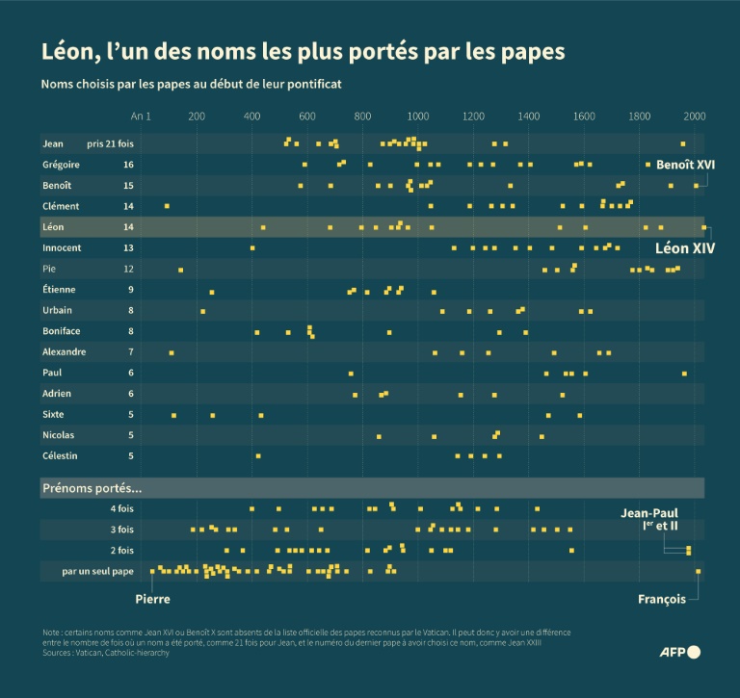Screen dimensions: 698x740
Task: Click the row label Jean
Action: click(53, 143)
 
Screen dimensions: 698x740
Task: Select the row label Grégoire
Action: click(61, 165)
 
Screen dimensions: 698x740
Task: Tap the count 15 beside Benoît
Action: click(128, 185)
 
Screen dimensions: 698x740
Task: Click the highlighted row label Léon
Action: click(54, 227)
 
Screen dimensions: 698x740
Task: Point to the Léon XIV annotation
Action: click(685, 248)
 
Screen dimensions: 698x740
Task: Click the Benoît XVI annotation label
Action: click(685, 165)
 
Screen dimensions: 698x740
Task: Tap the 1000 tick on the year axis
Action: click(418, 116)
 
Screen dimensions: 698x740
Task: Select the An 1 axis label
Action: click(142, 116)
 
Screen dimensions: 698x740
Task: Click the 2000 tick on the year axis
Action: click(695, 116)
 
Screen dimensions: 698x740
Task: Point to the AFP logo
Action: click(679, 652)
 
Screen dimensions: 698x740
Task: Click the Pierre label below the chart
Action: click(152, 599)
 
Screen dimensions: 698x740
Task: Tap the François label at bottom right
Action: click(662, 599)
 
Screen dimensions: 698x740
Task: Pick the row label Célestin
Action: click(61, 455)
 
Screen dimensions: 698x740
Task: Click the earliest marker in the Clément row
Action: click(167, 206)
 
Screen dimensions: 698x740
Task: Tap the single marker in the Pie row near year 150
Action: click(180, 270)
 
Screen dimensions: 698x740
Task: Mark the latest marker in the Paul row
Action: click(684, 373)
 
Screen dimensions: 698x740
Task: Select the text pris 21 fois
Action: click(110, 143)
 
